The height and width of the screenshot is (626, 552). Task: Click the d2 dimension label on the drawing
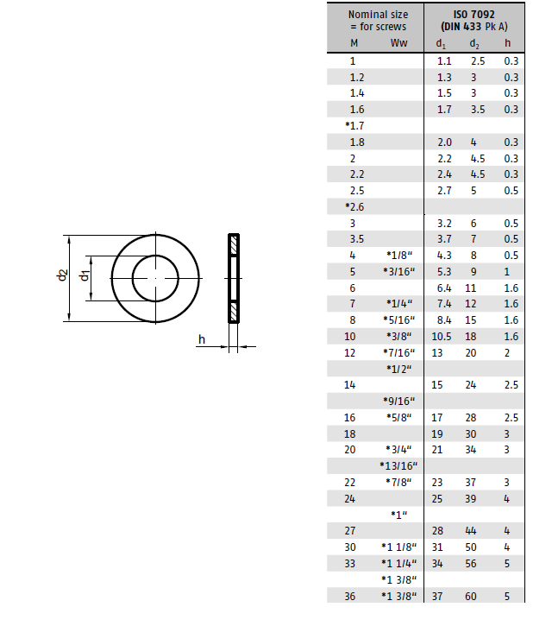click(62, 275)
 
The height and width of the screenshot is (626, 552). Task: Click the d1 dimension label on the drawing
click(85, 275)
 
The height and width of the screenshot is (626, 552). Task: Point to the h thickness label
click(202, 339)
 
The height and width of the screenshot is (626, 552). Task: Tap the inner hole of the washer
click(155, 278)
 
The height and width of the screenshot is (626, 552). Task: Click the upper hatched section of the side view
click(234, 245)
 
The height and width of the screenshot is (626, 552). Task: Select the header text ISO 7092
click(474, 15)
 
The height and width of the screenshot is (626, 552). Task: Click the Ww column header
click(398, 42)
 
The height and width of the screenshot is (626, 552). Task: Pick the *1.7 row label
click(354, 126)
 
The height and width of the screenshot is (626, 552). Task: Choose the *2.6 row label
click(354, 207)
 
